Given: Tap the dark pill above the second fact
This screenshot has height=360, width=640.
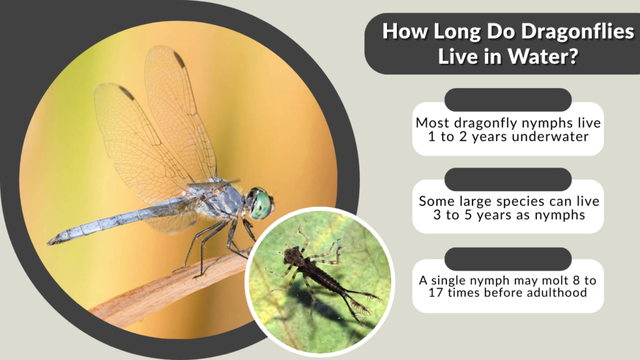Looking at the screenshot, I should (x=507, y=179).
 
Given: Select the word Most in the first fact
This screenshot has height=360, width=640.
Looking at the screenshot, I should (x=432, y=123).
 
